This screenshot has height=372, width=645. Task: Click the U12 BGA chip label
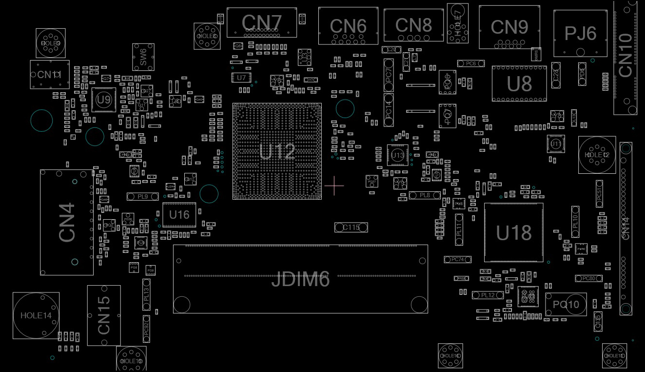pos(277,151)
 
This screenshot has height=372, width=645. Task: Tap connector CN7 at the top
pos(261,22)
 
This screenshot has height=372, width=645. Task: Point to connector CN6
pos(348,26)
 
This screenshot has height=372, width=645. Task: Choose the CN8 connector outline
pos(413,25)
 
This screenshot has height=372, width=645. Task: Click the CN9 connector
pos(509,27)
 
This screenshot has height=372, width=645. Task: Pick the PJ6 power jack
pos(580,33)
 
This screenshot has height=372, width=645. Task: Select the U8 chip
pos(519,84)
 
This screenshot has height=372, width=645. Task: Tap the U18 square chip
pos(513,233)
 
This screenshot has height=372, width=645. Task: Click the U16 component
pos(179,215)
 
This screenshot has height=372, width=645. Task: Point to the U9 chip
pos(103,100)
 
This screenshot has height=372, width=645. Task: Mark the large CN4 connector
pos(67,222)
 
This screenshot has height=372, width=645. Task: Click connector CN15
pos(104,315)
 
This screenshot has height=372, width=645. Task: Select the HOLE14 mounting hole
pos(36,315)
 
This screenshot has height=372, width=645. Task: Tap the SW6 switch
pos(143,57)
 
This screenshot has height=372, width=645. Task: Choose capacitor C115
pos(351,227)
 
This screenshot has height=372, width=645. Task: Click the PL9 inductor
pos(142,196)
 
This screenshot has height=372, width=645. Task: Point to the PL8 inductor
pos(425,195)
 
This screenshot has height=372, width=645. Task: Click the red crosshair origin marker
pos(334,186)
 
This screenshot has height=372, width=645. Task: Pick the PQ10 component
pos(566,305)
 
